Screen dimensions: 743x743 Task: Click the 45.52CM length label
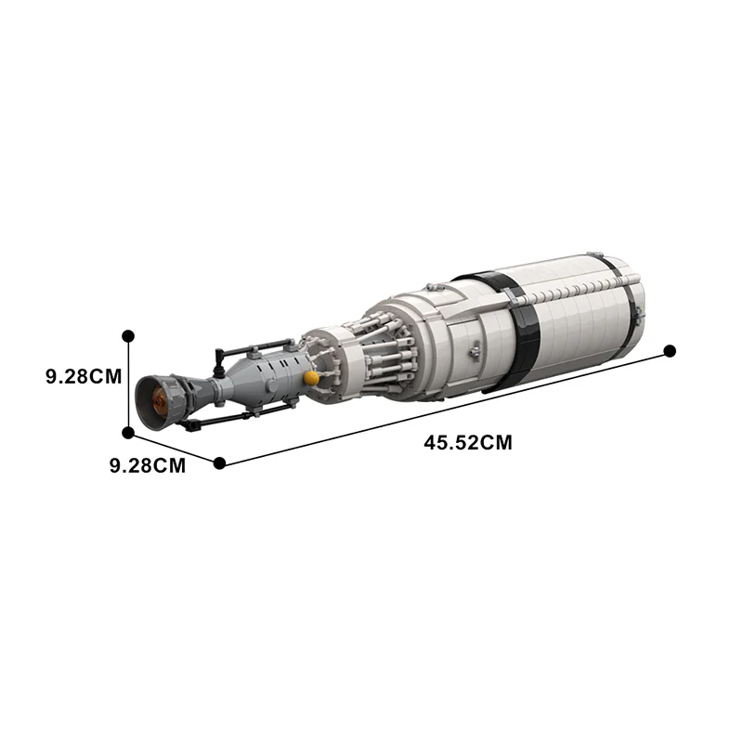click(x=467, y=443)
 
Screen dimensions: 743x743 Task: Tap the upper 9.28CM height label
click(x=84, y=377)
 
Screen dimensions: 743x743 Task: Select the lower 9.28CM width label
click(x=148, y=465)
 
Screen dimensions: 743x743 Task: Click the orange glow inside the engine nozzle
click(x=159, y=402)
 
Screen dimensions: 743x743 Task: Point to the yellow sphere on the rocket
click(x=312, y=378)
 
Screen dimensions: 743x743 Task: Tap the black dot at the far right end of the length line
click(x=670, y=351)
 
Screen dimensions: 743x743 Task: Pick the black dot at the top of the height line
click(x=128, y=335)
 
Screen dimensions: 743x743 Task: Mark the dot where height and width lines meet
click(x=128, y=432)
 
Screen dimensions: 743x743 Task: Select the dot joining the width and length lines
click(x=219, y=463)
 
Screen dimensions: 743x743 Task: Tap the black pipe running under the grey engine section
click(x=232, y=417)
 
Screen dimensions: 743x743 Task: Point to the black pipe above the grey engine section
click(x=243, y=350)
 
